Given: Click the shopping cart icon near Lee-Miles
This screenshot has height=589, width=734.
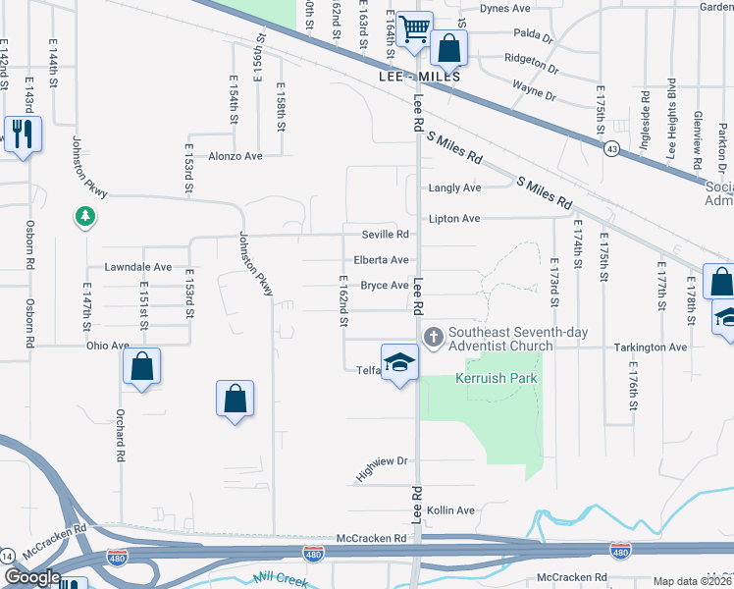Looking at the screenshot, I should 415,29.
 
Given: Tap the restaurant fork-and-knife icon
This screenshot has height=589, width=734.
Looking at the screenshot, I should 21,133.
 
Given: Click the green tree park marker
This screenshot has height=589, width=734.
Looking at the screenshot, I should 85,214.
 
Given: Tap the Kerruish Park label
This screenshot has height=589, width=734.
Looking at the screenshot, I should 498,379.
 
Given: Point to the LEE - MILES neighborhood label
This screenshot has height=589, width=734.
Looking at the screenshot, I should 419,76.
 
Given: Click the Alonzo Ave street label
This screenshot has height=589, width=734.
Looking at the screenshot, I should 236,156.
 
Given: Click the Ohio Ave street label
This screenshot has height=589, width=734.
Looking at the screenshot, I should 107,346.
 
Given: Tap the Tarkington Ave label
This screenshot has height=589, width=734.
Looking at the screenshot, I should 651,348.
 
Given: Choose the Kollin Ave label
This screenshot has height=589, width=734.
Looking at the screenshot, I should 450,510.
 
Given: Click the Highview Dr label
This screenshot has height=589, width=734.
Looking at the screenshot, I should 382,467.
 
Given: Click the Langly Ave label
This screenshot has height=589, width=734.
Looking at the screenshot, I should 454,187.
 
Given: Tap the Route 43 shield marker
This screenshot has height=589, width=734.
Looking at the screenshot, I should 610,148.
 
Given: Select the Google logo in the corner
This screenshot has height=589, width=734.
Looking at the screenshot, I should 32,578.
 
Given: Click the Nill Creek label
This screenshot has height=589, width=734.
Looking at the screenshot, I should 279,579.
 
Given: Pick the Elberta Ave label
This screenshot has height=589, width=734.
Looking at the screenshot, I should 381,260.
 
